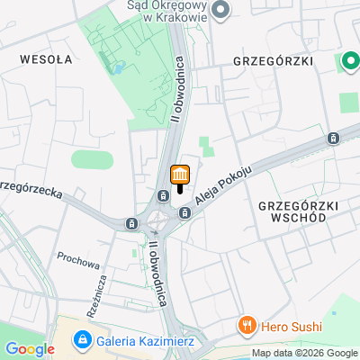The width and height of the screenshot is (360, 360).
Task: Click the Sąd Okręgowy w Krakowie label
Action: pos(162,9)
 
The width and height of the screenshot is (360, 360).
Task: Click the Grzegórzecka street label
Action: pos(34,193)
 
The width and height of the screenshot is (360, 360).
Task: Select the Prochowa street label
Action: pos(77,265)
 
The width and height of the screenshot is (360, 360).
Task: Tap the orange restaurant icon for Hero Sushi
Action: pos(245,324)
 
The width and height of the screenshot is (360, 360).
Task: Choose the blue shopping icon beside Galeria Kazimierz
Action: pos(83,339)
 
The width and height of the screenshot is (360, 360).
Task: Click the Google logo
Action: pos(31,348)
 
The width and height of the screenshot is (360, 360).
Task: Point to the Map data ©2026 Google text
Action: pos(305,353)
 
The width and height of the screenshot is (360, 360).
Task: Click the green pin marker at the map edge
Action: pos(349,62)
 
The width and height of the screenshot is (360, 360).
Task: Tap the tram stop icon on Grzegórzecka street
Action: pos(132,223)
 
